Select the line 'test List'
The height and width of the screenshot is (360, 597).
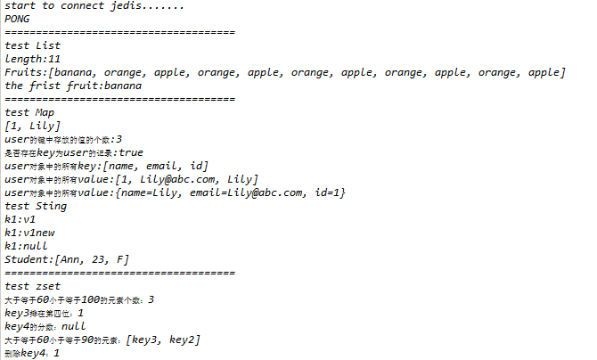[x=33, y=45]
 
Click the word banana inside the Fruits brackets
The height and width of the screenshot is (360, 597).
[x=78, y=72]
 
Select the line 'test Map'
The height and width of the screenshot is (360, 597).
[x=29, y=112]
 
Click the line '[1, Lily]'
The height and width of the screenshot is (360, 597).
[x=33, y=126]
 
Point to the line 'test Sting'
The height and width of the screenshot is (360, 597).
[x=36, y=206]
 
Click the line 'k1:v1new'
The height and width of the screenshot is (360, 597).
[x=30, y=233]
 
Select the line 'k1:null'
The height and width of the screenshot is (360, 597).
[x=27, y=246]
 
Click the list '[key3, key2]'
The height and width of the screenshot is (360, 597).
[x=163, y=340]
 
